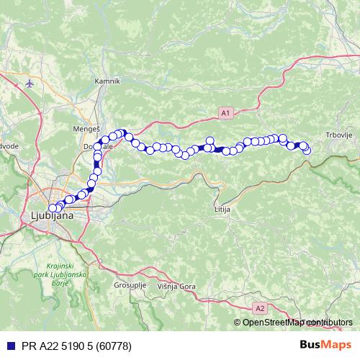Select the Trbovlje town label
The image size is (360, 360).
point(339,138)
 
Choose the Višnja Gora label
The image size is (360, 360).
point(176,287)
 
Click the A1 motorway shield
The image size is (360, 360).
point(225,113)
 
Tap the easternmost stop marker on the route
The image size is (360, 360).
point(307,149)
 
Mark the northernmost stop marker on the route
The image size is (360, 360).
point(123,132)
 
